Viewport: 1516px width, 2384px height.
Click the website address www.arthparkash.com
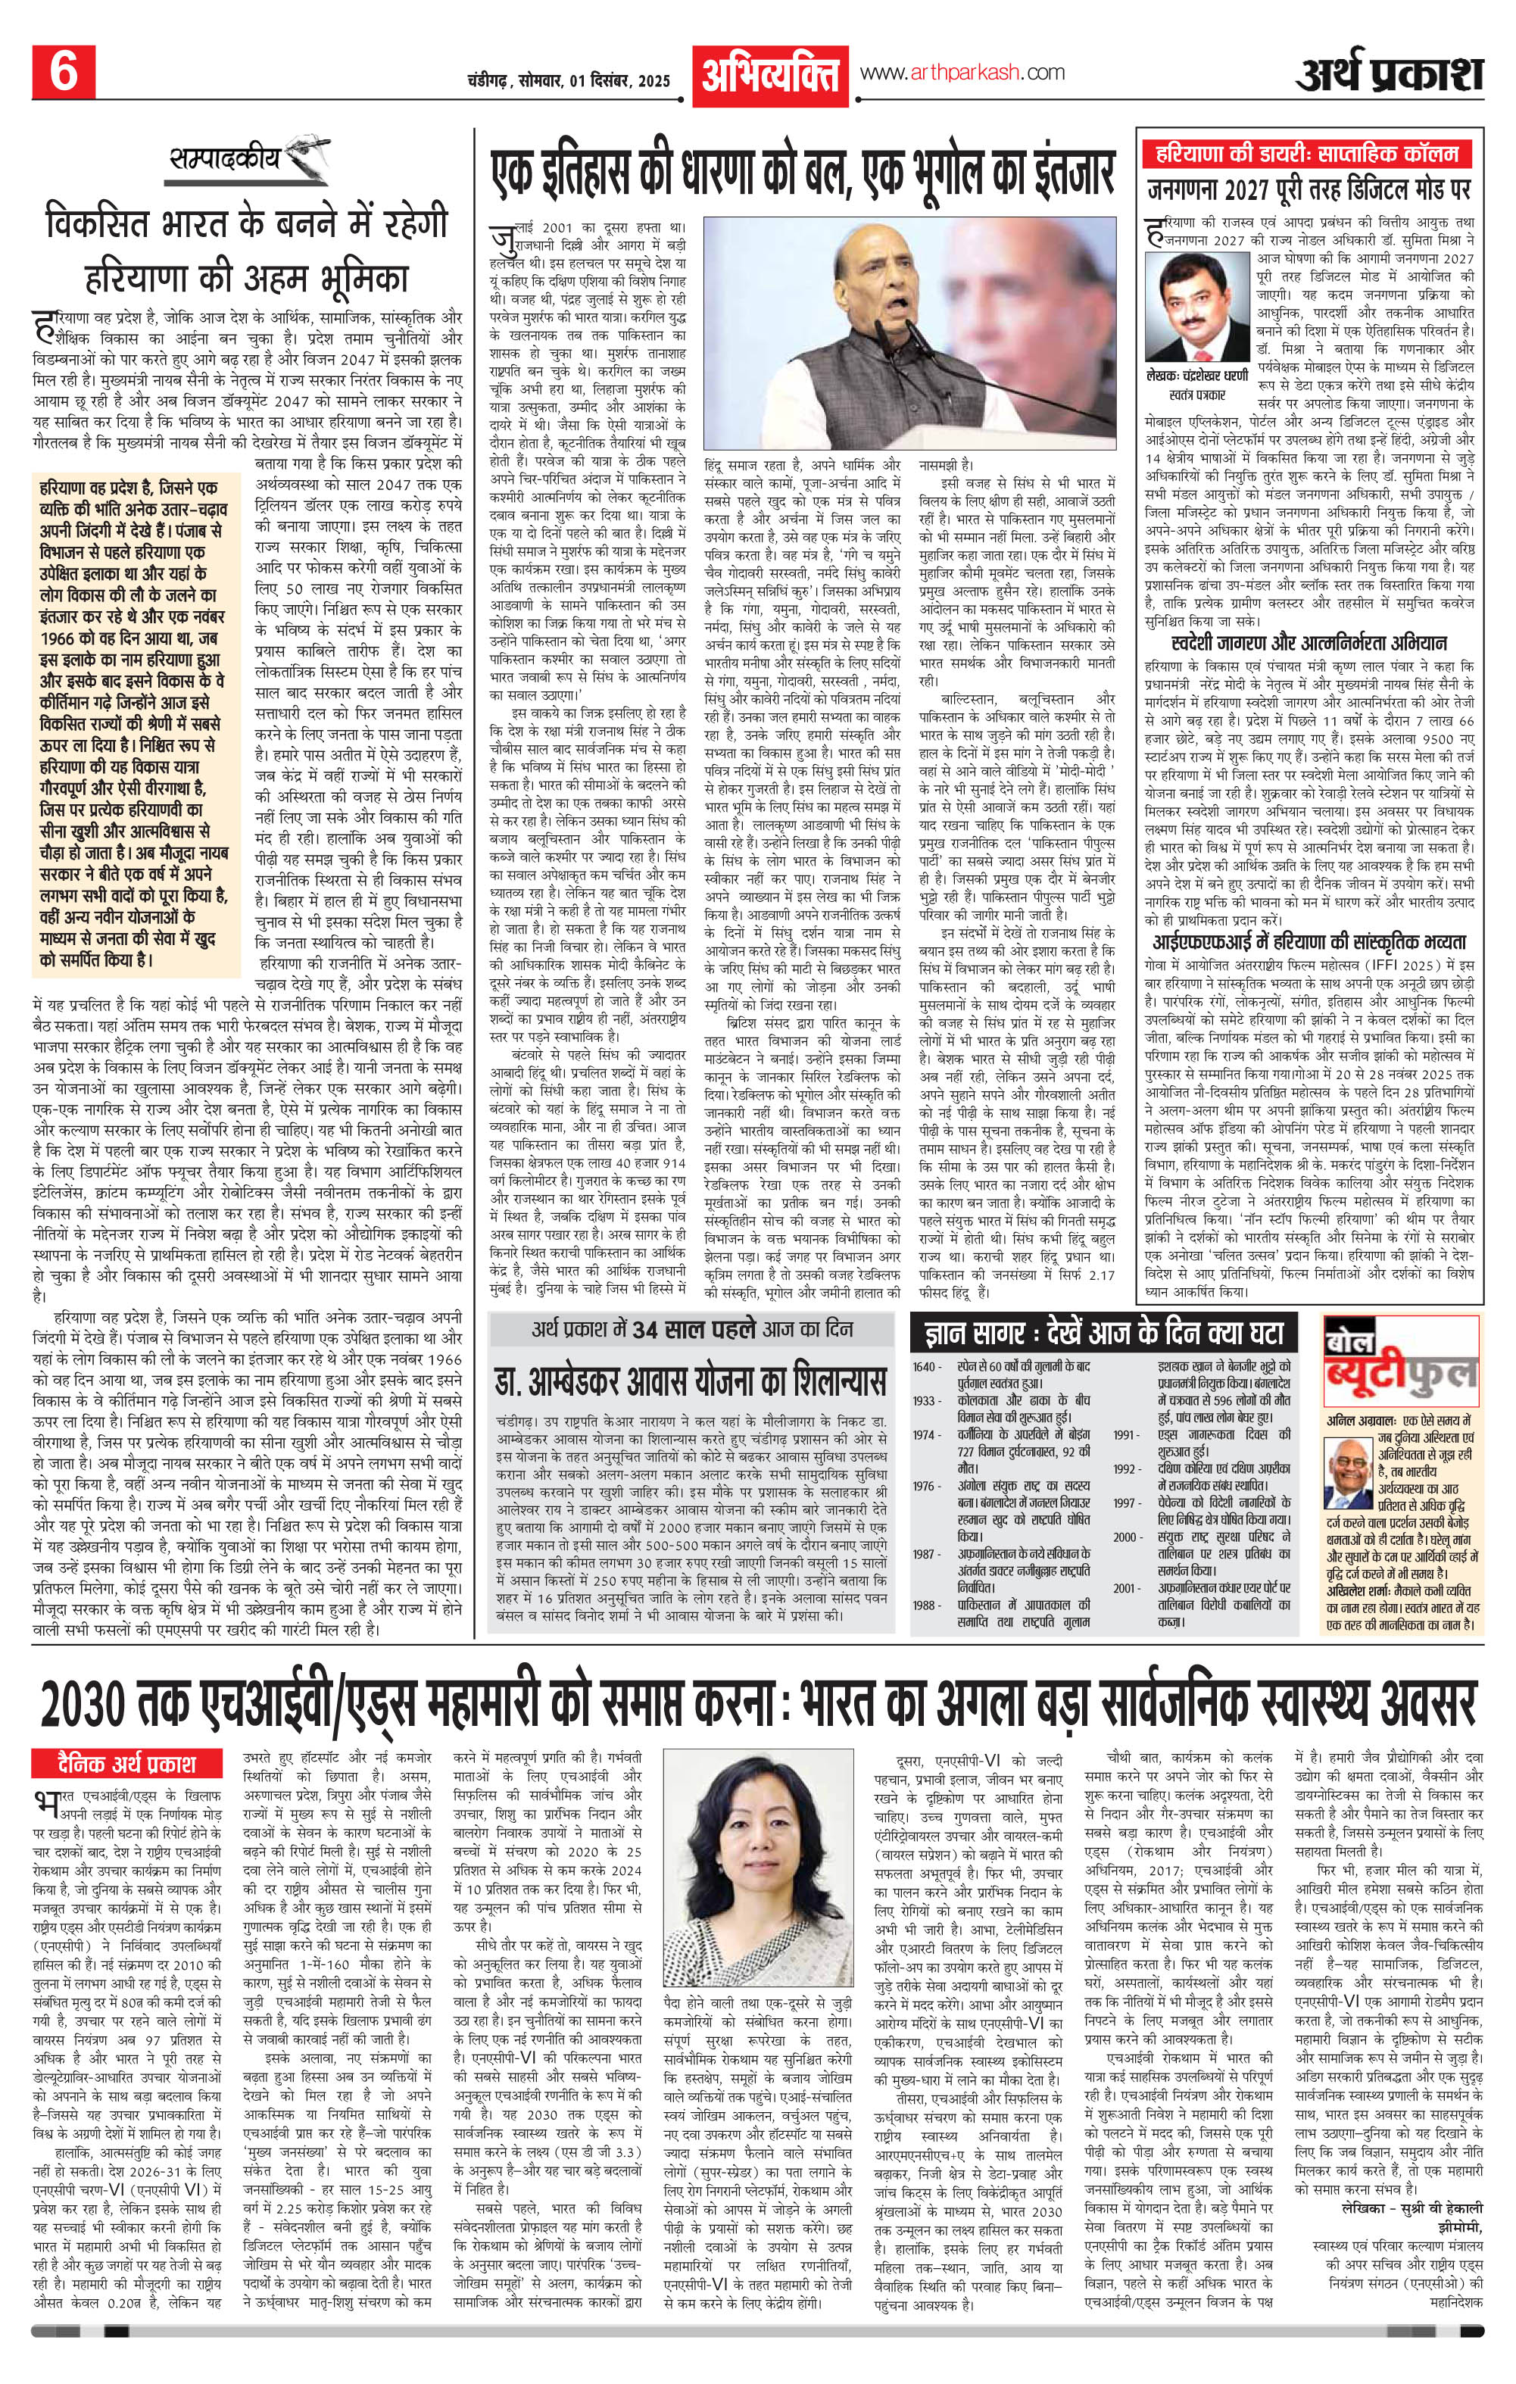click(x=962, y=72)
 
